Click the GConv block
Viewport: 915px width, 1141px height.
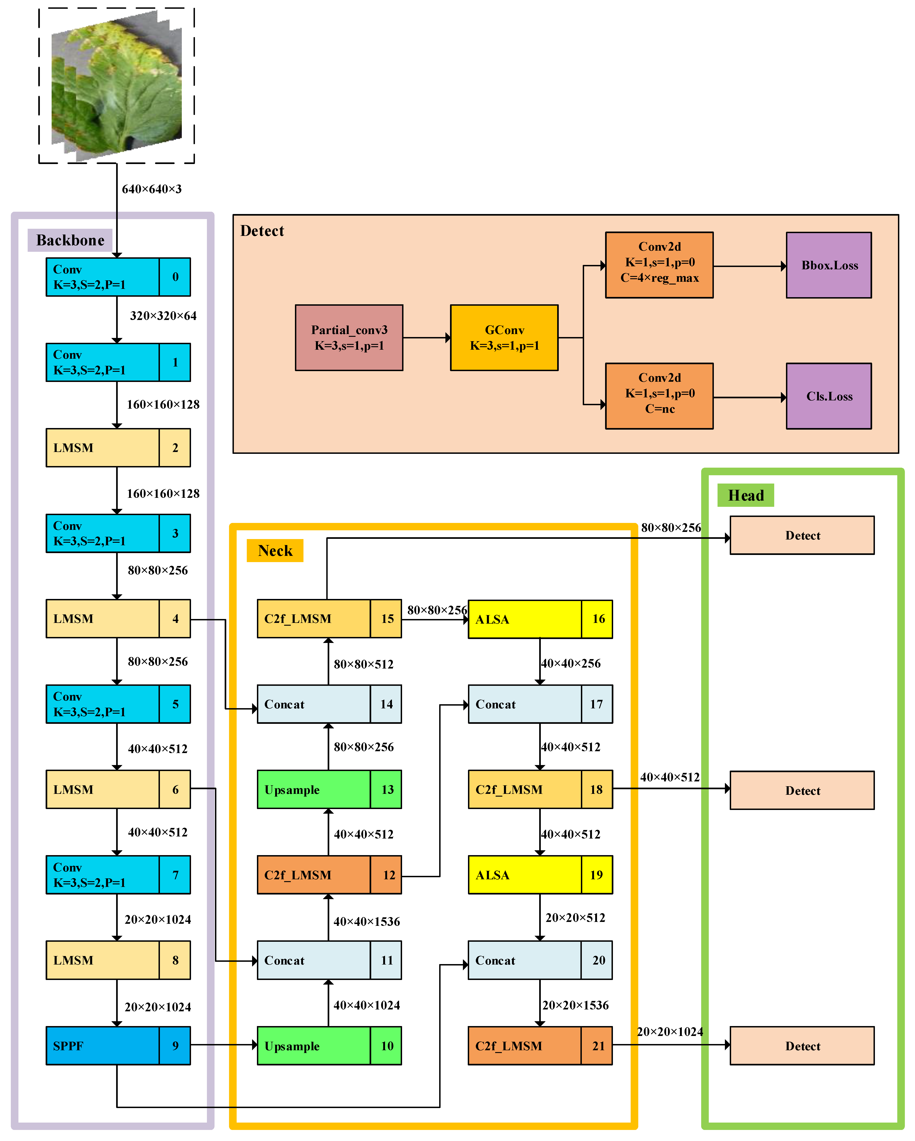[x=504, y=338]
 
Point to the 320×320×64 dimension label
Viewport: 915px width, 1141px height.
[x=163, y=316]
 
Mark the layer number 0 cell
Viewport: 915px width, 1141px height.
[x=175, y=277]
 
